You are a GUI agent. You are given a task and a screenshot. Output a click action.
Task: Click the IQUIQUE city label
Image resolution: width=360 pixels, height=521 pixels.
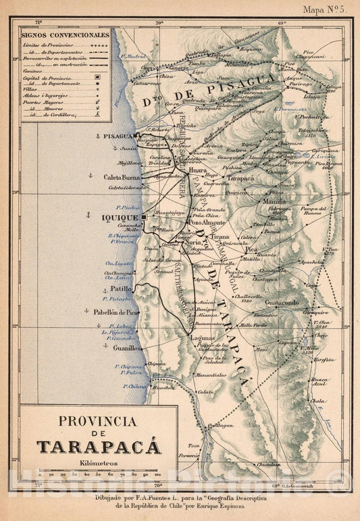(x=120, y=218)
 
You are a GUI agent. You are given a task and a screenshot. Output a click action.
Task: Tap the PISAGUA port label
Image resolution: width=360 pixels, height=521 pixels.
(x=117, y=136)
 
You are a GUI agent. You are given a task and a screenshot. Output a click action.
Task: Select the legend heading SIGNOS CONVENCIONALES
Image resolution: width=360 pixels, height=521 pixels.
(x=64, y=33)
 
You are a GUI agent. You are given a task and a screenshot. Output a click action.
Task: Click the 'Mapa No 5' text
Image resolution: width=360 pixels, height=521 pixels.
(x=325, y=9)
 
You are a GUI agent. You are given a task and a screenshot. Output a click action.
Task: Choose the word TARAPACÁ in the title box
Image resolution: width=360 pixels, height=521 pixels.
(x=99, y=447)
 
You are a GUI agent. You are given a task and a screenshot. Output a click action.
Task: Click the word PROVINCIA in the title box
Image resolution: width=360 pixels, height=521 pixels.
(x=99, y=420)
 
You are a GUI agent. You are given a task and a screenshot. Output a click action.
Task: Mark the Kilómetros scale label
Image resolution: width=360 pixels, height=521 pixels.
(x=99, y=462)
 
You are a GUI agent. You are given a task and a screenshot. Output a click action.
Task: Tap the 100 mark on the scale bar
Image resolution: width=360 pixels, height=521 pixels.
(x=157, y=475)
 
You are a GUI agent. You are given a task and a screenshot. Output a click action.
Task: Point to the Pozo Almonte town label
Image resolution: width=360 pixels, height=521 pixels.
(x=204, y=222)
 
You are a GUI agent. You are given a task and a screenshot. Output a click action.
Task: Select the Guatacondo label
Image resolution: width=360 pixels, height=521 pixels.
(x=282, y=303)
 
